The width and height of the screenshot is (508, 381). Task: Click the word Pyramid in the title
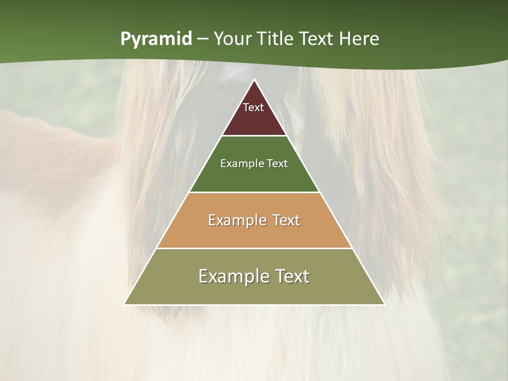[x=156, y=39]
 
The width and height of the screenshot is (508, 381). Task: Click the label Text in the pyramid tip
[x=253, y=107]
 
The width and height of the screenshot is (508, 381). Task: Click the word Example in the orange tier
[x=235, y=220]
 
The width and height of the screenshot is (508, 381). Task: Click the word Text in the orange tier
[x=287, y=220]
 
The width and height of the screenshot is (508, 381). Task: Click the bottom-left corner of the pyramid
[x=125, y=304]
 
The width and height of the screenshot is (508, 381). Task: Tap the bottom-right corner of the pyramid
[x=384, y=304]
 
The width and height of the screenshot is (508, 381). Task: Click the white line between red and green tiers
[x=254, y=136]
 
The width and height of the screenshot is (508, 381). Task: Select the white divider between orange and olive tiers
[x=254, y=248]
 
